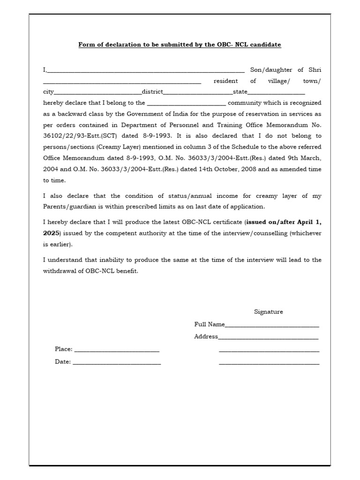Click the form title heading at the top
tap(180, 45)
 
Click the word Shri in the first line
tap(315, 70)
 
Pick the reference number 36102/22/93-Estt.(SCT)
tap(80, 136)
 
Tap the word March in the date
tap(312, 158)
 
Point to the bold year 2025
tap(51, 232)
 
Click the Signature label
tap(268, 312)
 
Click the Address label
tap(206, 337)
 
